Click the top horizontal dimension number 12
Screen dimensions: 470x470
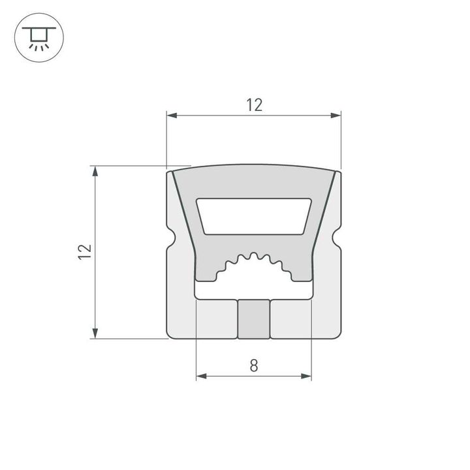(254, 104)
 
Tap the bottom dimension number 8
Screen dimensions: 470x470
(254, 366)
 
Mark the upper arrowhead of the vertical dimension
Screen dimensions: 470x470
(95, 172)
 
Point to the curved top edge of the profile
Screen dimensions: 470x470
(254, 164)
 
